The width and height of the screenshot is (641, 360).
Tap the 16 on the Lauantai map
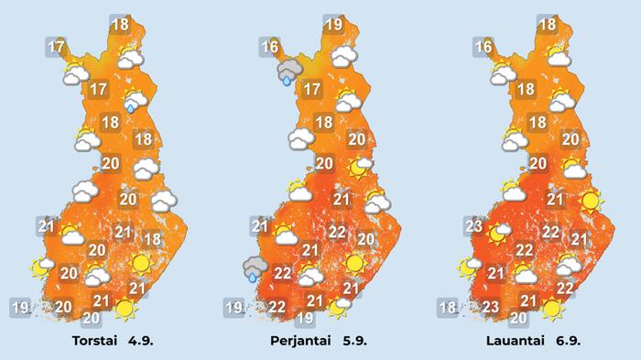(x=484, y=47)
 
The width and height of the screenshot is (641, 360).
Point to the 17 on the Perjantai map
(x=311, y=90)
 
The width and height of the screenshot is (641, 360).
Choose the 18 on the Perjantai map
(x=323, y=122)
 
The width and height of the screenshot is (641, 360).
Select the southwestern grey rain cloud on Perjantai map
(x=255, y=268)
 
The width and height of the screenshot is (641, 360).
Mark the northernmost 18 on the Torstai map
(x=119, y=25)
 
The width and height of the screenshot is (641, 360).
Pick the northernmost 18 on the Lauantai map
(x=548, y=25)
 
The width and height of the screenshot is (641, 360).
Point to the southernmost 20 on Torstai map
(x=92, y=318)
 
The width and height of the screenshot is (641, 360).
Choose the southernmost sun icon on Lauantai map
(x=551, y=308)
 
